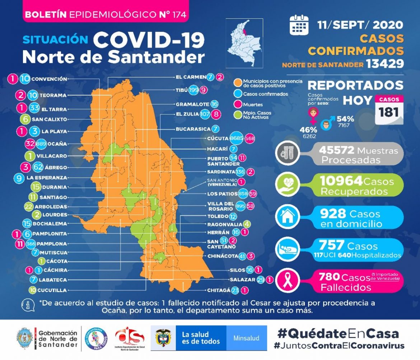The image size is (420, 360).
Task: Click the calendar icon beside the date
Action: (x=299, y=24)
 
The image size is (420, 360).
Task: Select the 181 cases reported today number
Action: (x=389, y=112)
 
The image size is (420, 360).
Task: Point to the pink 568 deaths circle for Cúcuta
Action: (x=250, y=139)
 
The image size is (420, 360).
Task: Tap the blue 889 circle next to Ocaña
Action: (x=41, y=144)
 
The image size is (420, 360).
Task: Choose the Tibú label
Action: (x=182, y=90)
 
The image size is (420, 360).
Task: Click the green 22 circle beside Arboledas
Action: (x=29, y=207)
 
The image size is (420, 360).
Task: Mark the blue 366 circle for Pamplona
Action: (x=31, y=244)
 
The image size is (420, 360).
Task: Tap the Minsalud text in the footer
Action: (x=246, y=338)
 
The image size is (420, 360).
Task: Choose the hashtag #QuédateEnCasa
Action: (x=338, y=333)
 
